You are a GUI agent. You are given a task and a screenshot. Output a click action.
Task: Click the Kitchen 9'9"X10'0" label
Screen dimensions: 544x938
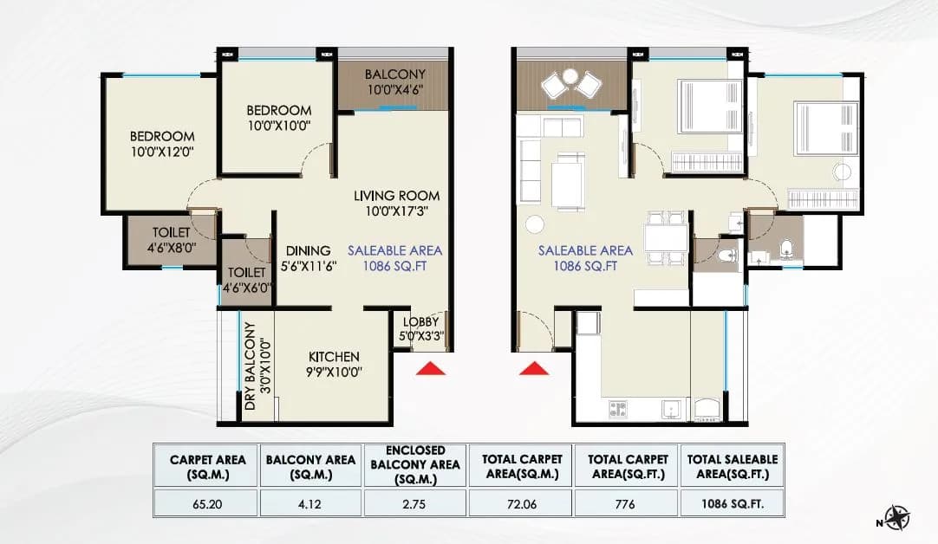pos(334,365)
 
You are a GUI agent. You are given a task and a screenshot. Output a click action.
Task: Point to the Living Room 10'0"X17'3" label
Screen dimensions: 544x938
pos(396,203)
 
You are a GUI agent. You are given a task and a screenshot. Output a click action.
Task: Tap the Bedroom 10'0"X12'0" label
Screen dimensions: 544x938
pos(162,144)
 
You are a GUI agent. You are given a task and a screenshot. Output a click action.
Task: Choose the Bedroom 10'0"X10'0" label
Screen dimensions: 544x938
pos(278,118)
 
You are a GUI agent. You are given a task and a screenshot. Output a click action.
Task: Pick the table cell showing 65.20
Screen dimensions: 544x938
pos(207,502)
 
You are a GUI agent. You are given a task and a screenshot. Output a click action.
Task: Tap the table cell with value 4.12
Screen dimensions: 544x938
pos(311,502)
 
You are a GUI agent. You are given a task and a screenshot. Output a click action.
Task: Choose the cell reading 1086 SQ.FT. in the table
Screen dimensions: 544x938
pos(733,502)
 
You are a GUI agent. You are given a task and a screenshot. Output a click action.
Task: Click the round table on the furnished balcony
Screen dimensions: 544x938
pos(570,77)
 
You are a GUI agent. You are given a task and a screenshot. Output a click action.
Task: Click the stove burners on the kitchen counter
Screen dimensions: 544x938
pos(619,406)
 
